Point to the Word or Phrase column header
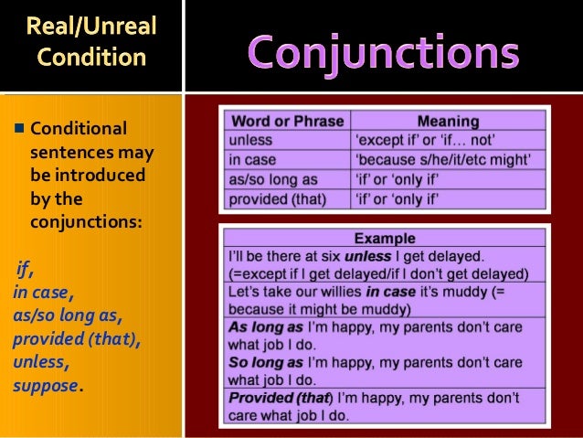click(287, 121)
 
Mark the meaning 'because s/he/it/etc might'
click(447, 159)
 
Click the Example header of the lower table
click(384, 239)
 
